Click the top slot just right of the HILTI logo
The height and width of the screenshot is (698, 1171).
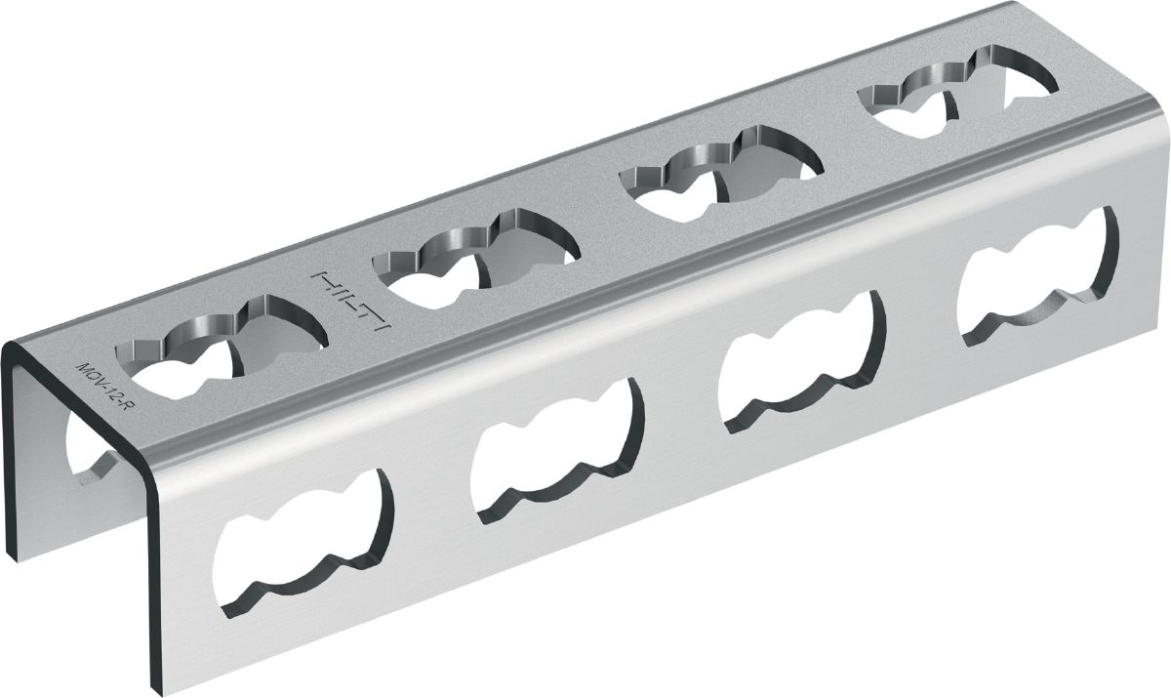[x=476, y=259]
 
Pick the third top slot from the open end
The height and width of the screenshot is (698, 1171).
[x=722, y=175]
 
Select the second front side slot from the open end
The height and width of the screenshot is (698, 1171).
[x=557, y=451]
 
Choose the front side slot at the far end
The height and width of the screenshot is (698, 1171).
[x=1037, y=277]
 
